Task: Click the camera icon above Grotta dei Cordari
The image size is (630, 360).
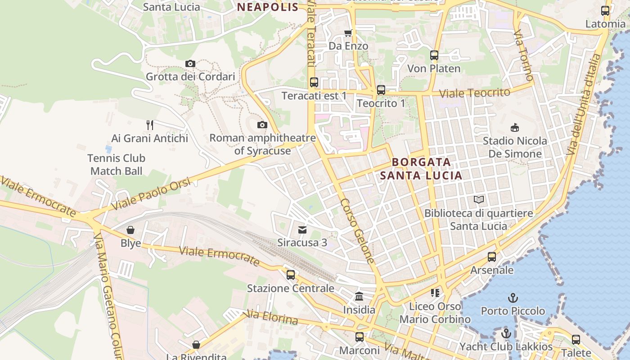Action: pyautogui.click(x=190, y=64)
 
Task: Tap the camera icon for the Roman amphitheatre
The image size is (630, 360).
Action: pyautogui.click(x=262, y=125)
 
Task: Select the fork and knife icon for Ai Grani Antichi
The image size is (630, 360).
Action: pyautogui.click(x=150, y=125)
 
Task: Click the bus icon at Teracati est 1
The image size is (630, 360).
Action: pyautogui.click(x=314, y=82)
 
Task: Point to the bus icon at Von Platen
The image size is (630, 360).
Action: pyautogui.click(x=434, y=55)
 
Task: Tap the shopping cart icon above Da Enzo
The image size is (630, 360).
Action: pyautogui.click(x=348, y=33)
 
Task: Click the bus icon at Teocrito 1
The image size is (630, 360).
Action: pyautogui.click(x=381, y=90)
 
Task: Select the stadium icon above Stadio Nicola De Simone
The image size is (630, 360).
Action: pyautogui.click(x=515, y=128)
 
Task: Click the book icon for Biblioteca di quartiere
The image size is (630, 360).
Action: pyautogui.click(x=479, y=199)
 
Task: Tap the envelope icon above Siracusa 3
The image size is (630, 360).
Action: pyautogui.click(x=302, y=230)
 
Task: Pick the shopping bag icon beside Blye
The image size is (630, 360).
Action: pyautogui.click(x=130, y=230)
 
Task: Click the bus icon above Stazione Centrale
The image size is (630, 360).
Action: pyautogui.click(x=291, y=274)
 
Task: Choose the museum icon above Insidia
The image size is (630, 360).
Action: pyautogui.click(x=359, y=297)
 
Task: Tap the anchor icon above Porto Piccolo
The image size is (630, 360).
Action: pyautogui.click(x=513, y=298)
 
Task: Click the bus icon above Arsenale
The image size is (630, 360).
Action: pyautogui.click(x=492, y=257)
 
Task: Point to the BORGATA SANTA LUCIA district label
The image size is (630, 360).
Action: pyautogui.click(x=421, y=169)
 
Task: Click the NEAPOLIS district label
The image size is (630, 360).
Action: pyautogui.click(x=267, y=7)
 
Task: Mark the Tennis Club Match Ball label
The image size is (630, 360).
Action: pyautogui.click(x=116, y=165)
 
